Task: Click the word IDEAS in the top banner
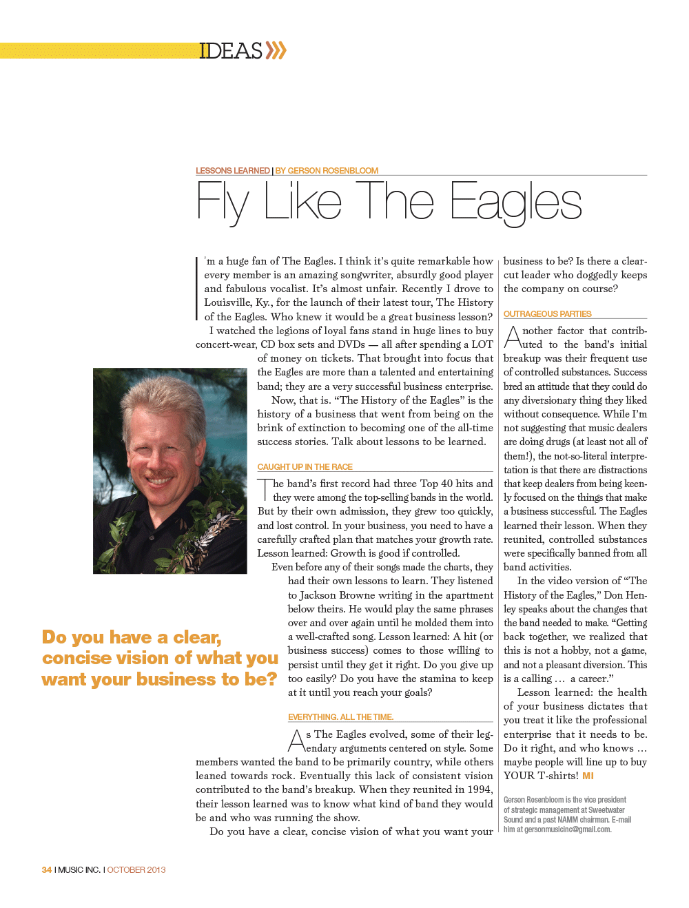pyautogui.click(x=231, y=51)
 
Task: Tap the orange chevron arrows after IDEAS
pyautogui.click(x=276, y=50)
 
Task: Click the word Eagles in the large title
pyautogui.click(x=516, y=203)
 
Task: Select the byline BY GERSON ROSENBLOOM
pyautogui.click(x=327, y=171)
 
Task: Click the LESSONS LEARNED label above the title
pyautogui.click(x=232, y=171)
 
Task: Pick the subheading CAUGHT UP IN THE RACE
pyautogui.click(x=305, y=467)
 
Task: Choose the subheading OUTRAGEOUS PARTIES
pyautogui.click(x=547, y=314)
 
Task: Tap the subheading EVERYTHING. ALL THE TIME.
pyautogui.click(x=340, y=717)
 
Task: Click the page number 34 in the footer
pyautogui.click(x=46, y=870)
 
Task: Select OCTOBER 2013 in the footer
pyautogui.click(x=136, y=870)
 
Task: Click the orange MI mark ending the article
pyautogui.click(x=588, y=776)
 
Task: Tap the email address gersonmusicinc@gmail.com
pyautogui.click(x=568, y=829)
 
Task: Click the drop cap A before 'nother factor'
pyautogui.click(x=513, y=337)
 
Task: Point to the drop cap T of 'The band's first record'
pyautogui.click(x=265, y=489)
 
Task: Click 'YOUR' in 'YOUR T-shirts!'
pyautogui.click(x=519, y=776)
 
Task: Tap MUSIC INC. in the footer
pyautogui.click(x=79, y=870)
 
